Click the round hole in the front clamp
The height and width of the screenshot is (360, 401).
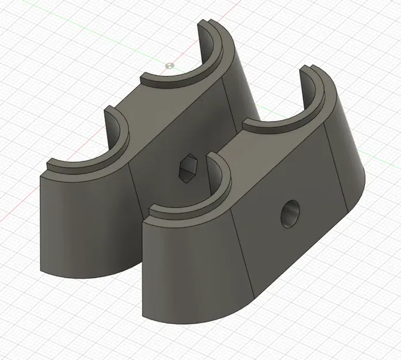(291, 214)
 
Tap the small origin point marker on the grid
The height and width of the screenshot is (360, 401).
(169, 66)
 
